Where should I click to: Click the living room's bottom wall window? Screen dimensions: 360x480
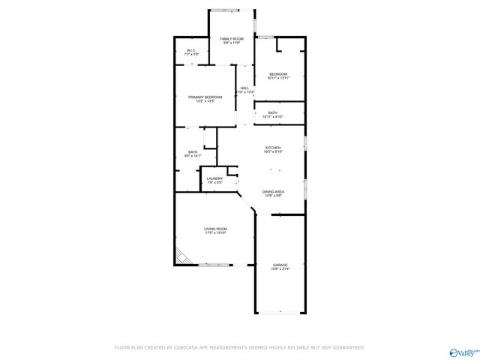click(x=214, y=264)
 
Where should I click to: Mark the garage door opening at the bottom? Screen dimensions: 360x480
click(x=280, y=312)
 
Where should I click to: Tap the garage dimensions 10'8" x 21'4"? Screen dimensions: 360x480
click(x=280, y=269)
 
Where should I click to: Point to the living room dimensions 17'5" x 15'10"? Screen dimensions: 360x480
click(x=215, y=233)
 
